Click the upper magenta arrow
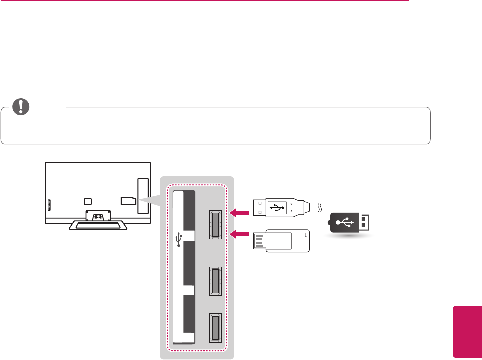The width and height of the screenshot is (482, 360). (x=240, y=214)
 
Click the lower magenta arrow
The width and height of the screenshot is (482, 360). (x=240, y=233)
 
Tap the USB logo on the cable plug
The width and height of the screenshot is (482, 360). (x=277, y=206)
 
